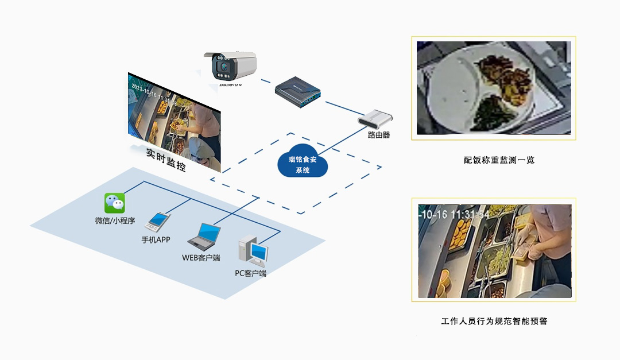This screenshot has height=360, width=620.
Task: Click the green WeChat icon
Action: point(114,203)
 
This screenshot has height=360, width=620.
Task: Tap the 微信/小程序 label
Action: point(115,220)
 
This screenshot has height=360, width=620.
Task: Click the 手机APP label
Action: point(156,239)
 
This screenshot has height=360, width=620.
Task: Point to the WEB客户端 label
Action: point(201,257)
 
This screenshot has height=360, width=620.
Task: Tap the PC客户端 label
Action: point(250,273)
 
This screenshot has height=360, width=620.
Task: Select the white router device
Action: point(375,118)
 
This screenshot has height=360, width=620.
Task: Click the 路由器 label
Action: point(379,135)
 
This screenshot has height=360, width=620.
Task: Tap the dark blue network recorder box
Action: point(296,92)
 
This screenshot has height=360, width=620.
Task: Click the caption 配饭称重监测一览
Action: point(499,160)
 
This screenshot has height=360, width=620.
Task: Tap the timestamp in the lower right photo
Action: point(454,214)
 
